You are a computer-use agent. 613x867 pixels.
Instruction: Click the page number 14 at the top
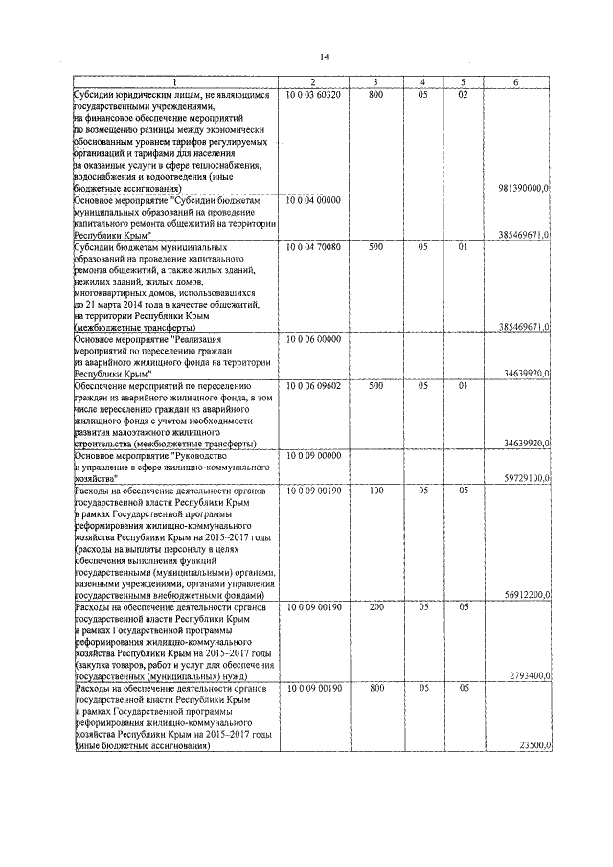tap(324, 57)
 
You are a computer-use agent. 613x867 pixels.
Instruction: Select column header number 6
tap(516, 83)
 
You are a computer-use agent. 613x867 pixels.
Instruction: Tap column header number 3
tap(375, 83)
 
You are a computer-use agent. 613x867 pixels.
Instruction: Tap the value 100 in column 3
tap(375, 490)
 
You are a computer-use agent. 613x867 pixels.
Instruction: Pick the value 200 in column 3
tap(375, 606)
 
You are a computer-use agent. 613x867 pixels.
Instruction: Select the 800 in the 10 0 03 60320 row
tap(375, 95)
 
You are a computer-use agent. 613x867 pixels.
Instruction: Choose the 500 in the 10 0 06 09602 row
tap(375, 385)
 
